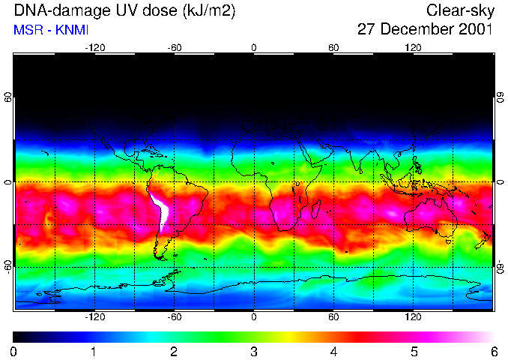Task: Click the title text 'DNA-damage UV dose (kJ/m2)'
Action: [120, 10]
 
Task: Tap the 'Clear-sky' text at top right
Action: [459, 10]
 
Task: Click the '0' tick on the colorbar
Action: [14, 351]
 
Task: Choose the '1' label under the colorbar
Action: [94, 351]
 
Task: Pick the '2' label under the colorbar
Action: [174, 351]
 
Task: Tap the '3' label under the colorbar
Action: [254, 351]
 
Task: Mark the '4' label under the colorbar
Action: [333, 351]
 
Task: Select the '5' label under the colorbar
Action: [414, 351]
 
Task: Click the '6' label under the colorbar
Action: [493, 351]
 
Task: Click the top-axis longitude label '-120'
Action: [94, 48]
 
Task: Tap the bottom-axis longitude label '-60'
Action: [174, 316]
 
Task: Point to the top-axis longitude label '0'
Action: [254, 48]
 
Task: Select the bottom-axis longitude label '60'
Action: [333, 316]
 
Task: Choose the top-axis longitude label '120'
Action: [414, 48]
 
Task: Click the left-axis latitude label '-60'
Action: [7, 266]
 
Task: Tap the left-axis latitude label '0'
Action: [7, 182]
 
